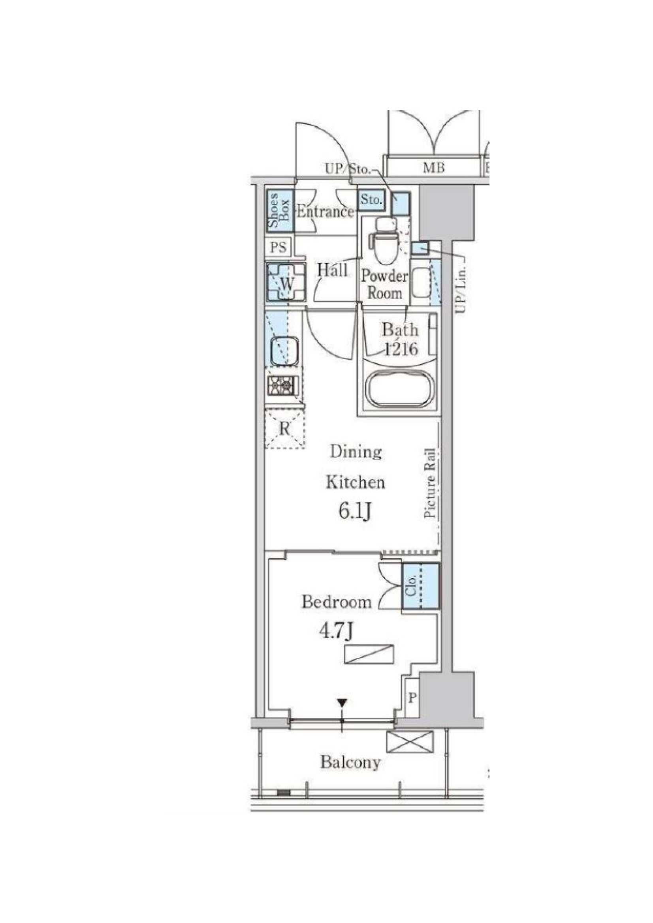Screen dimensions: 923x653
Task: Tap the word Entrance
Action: pos(324,212)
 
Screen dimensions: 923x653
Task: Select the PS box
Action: pos(279,247)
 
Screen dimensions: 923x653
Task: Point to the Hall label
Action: pos(332,270)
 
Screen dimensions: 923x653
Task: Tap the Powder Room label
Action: pos(384,284)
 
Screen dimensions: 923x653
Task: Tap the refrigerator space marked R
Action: pos(284,429)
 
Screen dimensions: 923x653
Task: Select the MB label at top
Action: pos(433,167)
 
